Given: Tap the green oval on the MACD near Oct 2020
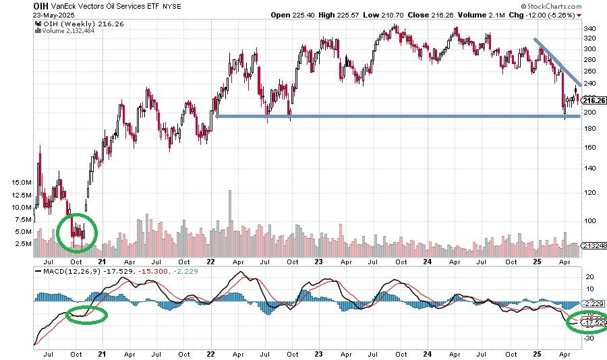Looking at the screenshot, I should (x=84, y=315).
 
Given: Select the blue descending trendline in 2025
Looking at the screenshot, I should (x=557, y=61).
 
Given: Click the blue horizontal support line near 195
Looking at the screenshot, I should (x=398, y=116).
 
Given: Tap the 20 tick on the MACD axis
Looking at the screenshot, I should (x=589, y=276).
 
